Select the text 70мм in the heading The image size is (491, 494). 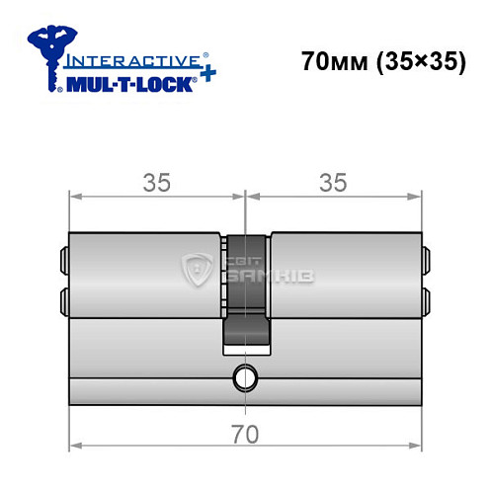click(x=335, y=60)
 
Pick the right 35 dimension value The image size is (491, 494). click(x=333, y=182)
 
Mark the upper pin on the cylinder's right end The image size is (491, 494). click(x=427, y=260)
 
